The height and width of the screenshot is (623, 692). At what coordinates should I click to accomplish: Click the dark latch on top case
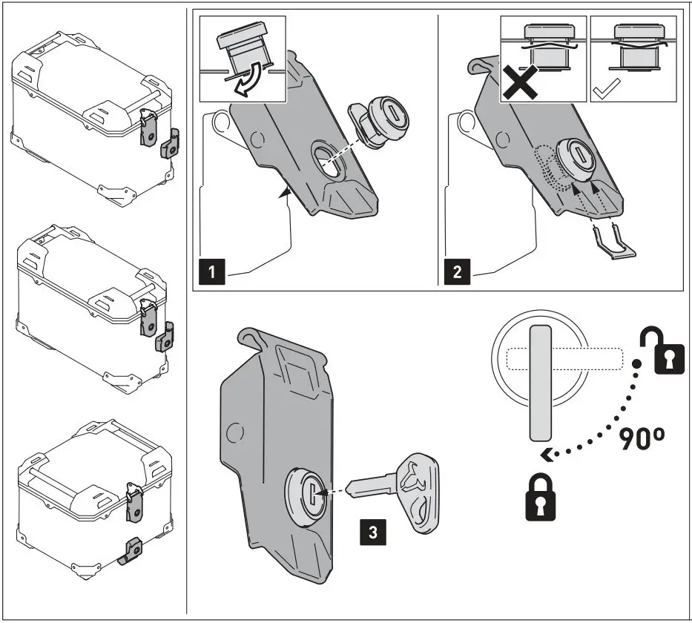pyautogui.click(x=171, y=142)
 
